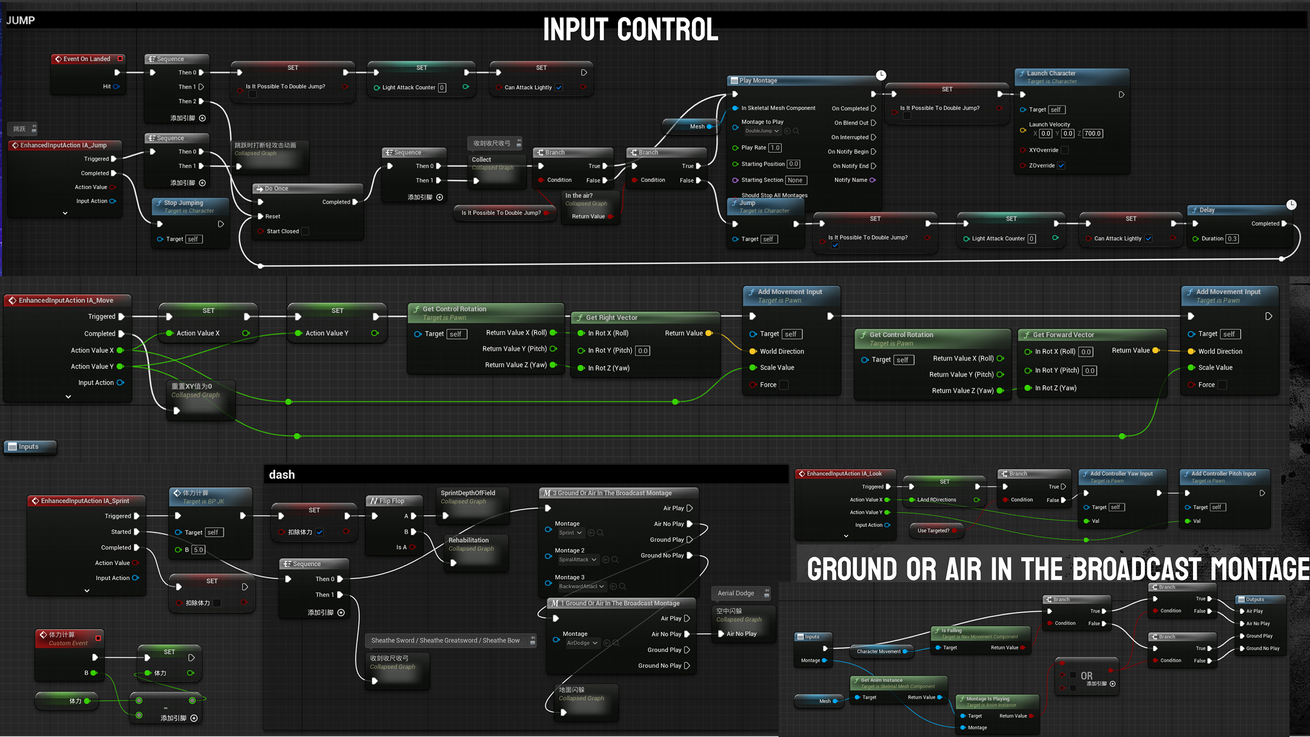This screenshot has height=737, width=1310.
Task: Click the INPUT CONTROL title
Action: tap(630, 30)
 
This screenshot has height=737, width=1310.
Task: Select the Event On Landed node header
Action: tap(87, 59)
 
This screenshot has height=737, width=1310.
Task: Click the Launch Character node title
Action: tap(1051, 73)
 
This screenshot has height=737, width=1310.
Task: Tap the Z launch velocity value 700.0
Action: tap(1092, 133)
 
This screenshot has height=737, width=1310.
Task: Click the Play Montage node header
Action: tap(758, 81)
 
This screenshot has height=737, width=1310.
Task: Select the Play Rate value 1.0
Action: tap(775, 148)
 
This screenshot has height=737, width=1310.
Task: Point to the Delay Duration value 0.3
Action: tap(1232, 239)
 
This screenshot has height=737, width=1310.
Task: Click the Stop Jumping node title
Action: tap(183, 203)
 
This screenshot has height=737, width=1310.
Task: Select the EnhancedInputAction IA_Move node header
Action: tap(65, 300)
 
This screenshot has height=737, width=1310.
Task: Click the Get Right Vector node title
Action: tap(611, 318)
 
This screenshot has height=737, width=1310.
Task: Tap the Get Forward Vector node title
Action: tap(1063, 335)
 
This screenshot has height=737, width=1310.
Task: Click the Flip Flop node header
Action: tap(391, 501)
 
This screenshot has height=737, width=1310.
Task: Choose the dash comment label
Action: tap(282, 475)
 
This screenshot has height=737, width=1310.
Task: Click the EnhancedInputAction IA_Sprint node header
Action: tap(85, 501)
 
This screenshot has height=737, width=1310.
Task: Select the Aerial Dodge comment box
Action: tap(736, 593)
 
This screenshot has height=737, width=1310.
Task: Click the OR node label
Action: tap(1086, 676)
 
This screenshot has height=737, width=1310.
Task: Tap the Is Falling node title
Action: tap(952, 631)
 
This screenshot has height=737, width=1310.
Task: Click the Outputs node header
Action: tap(1255, 599)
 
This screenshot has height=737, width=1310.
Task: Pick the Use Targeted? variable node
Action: tap(933, 531)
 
